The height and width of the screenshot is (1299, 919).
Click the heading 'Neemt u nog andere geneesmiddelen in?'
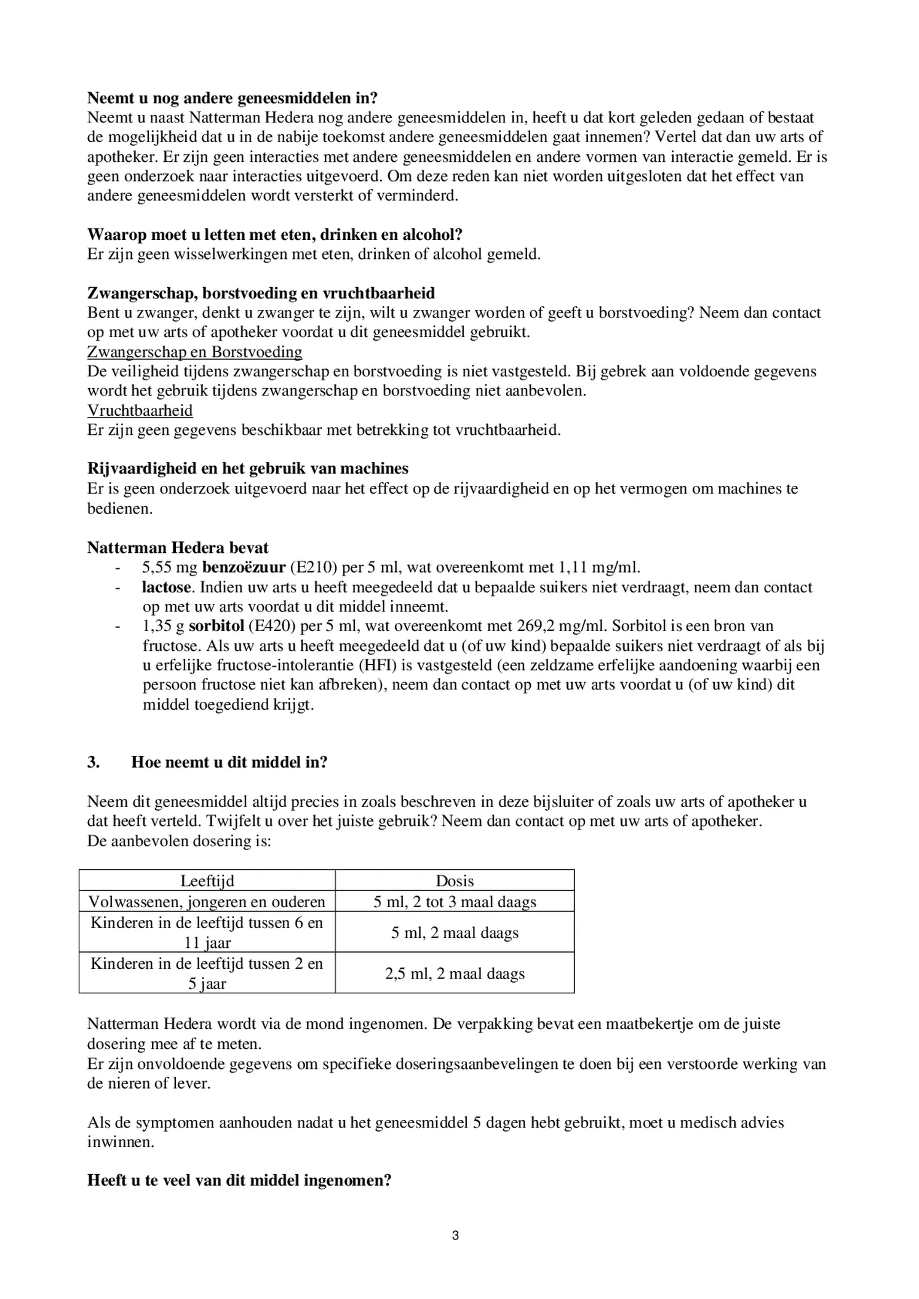(x=232, y=98)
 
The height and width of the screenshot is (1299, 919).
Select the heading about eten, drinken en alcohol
(x=274, y=234)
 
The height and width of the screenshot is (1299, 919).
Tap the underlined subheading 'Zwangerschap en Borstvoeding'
(x=194, y=352)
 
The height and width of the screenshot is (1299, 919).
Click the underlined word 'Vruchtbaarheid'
(x=140, y=410)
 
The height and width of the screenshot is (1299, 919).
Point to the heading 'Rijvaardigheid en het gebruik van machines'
(x=247, y=469)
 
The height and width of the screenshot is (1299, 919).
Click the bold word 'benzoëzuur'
(x=244, y=567)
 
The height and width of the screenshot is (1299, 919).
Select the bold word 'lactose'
(x=166, y=587)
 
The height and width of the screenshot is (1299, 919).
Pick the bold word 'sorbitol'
(x=216, y=626)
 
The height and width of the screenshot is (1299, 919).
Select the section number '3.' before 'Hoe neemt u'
(x=93, y=762)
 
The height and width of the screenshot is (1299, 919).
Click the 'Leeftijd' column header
(x=207, y=881)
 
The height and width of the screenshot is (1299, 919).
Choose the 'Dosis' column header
(x=455, y=881)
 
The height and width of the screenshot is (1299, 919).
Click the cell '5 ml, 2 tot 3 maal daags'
(x=455, y=902)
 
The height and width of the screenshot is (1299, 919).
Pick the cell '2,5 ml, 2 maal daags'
(x=455, y=974)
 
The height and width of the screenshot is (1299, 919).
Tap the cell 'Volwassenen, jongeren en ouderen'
(x=207, y=902)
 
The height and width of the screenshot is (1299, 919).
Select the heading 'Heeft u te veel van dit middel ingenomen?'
(x=239, y=1180)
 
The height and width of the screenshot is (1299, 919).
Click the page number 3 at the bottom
(x=455, y=1236)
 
